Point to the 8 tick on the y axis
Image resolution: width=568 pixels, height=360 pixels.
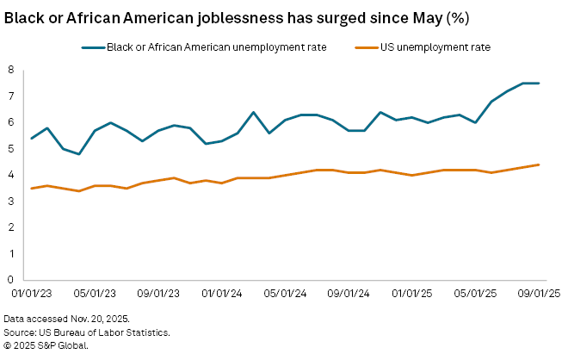pos(11,70)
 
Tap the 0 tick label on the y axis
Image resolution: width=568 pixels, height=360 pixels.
pos(11,280)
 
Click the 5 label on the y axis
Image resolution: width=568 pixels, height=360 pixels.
pos(11,148)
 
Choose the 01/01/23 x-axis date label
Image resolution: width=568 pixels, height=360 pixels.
pos(33,294)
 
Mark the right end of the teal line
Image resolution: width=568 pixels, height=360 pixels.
pos(539,83)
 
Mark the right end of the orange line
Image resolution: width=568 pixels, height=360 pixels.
pos(539,164)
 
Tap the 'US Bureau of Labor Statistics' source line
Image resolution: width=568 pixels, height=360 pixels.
pos(86,332)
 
